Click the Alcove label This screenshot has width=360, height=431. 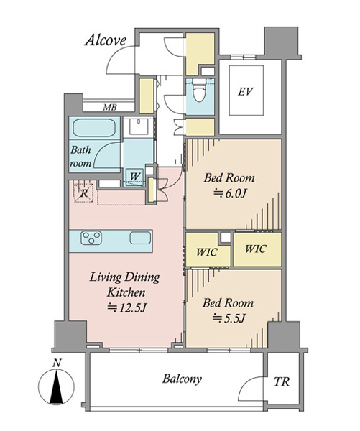pyautogui.click(x=106, y=41)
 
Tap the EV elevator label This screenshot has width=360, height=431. pyautogui.click(x=245, y=91)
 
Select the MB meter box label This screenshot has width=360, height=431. pyautogui.click(x=110, y=108)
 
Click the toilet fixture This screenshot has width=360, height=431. pyautogui.click(x=199, y=90)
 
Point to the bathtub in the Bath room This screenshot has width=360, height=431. pyautogui.click(x=94, y=128)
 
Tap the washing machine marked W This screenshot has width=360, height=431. pyautogui.click(x=134, y=176)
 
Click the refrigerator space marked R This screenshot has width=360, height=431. pyautogui.click(x=83, y=193)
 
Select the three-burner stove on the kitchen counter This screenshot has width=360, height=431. pyautogui.click(x=91, y=238)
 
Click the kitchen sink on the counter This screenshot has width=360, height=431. pyautogui.click(x=140, y=238)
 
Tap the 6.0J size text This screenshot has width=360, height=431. pyautogui.click(x=230, y=194)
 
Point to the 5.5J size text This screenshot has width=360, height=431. pyautogui.click(x=229, y=318)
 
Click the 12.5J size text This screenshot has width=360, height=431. pyautogui.click(x=126, y=308)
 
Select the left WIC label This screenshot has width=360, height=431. pyautogui.click(x=207, y=252)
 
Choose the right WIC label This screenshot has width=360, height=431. pyautogui.click(x=256, y=249)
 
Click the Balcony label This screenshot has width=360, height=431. pyautogui.click(x=182, y=379)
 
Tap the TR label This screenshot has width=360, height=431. pyautogui.click(x=282, y=381)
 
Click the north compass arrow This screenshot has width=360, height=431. pyautogui.click(x=56, y=386)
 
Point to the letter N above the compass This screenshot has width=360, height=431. pyautogui.click(x=57, y=363)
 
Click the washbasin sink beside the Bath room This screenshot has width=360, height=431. pyautogui.click(x=139, y=126)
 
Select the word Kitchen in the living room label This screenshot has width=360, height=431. pyautogui.click(x=126, y=292)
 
